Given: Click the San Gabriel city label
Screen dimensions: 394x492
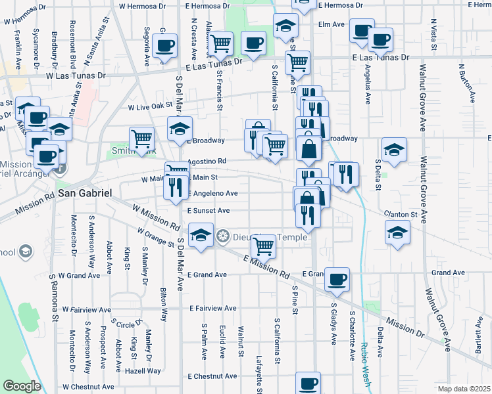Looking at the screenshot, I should (85, 194).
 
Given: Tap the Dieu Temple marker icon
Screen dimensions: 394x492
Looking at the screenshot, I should (223, 236).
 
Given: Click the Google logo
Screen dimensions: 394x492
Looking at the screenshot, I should (22, 385).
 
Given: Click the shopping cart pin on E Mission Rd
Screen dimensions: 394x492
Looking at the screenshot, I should (264, 246).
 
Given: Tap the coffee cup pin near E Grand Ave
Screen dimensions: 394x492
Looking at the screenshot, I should (337, 278).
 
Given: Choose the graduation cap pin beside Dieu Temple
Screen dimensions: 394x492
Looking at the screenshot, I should (201, 234).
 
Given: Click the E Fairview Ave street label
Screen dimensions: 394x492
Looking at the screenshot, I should (212, 308).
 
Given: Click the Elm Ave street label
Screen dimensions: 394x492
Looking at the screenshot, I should (331, 24).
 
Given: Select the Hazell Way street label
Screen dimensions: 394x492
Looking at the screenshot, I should (145, 371).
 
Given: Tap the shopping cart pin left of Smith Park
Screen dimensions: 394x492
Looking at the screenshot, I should (141, 138).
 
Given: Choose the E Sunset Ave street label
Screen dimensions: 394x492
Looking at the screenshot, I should (209, 211).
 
